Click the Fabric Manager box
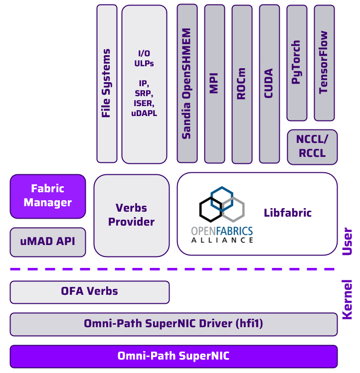coord(48,196)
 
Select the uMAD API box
coord(48,242)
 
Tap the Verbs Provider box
coord(132,215)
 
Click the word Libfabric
coord(288,213)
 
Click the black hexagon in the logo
coord(210,209)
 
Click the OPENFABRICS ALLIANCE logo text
coord(222,235)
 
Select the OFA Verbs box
coord(90,292)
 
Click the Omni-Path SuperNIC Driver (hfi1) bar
coord(174,324)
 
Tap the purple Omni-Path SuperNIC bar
coord(174,356)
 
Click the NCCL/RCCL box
coord(312,147)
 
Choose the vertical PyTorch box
coord(297,63)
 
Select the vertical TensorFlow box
coord(324,63)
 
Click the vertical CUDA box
coord(269,84)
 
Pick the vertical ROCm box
coord(242,84)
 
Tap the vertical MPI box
coord(214,84)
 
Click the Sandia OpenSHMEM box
coord(187,84)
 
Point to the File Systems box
coord(107,84)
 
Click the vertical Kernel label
coord(348,299)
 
